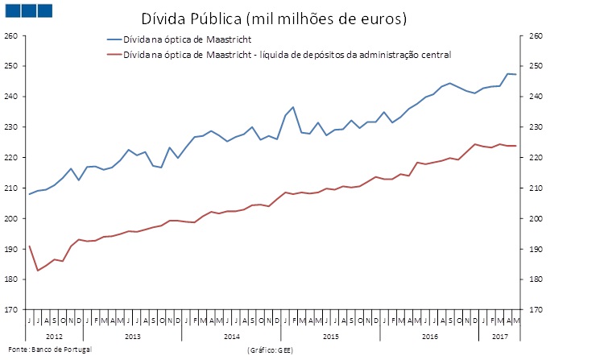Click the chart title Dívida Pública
pos(274,18)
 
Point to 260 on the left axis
pos(10,35)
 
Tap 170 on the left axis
pos(10,310)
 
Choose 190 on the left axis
pos(10,249)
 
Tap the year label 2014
pos(231,335)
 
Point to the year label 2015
pos(330,335)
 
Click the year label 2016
pos(429,335)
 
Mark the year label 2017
pos(500,335)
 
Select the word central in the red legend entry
pos(435,55)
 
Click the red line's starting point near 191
pos(29,246)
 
